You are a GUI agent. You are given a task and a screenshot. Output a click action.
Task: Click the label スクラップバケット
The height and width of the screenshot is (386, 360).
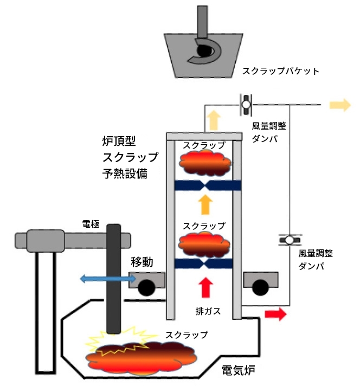pos(280,71)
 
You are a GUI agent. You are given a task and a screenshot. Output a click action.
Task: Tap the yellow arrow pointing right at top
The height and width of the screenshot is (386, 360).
pos(340,105)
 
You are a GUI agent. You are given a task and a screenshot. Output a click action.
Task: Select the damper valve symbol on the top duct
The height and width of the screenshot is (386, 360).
pos(246,103)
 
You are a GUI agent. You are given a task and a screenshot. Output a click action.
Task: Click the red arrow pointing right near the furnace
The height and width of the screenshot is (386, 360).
pos(274,314)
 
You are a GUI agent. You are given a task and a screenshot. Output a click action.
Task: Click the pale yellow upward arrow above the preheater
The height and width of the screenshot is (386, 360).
pos(215,118)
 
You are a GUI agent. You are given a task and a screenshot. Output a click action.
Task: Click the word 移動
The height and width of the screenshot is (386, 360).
pos(143,262)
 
